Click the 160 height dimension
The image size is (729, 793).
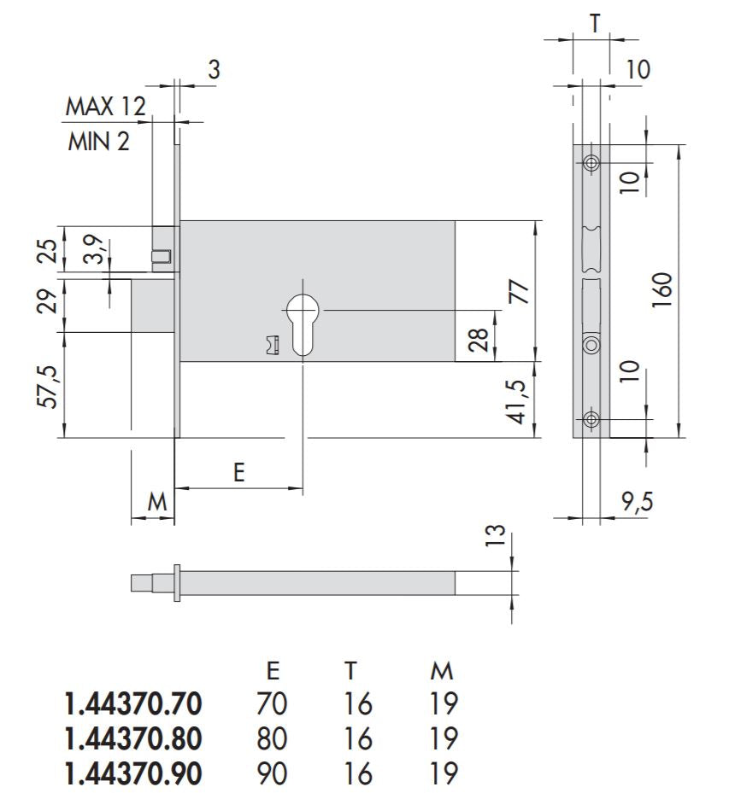pyautogui.click(x=667, y=290)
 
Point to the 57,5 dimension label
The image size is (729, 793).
pyautogui.click(x=50, y=386)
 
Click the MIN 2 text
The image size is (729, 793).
pyautogui.click(x=98, y=142)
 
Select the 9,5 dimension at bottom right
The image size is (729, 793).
pyautogui.click(x=637, y=502)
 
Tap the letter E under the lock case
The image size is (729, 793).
pyautogui.click(x=239, y=473)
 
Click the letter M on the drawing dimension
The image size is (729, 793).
pyautogui.click(x=156, y=502)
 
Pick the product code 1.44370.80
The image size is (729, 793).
pyautogui.click(x=132, y=738)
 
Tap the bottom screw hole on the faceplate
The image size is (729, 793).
pyautogui.click(x=591, y=418)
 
